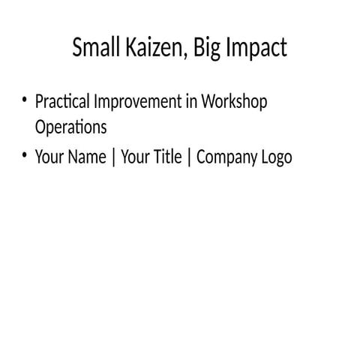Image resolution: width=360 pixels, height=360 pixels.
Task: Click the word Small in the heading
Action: (x=93, y=48)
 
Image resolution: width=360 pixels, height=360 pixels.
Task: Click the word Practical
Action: (x=63, y=101)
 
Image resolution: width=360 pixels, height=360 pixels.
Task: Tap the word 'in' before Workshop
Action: (x=190, y=101)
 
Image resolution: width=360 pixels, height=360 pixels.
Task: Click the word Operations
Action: (x=71, y=127)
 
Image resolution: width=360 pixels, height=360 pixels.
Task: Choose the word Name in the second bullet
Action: (x=86, y=157)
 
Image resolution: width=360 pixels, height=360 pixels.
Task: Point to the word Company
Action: (x=226, y=158)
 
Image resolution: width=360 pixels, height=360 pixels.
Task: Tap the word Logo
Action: (x=276, y=158)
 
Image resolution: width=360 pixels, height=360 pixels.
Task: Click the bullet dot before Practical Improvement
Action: (x=25, y=100)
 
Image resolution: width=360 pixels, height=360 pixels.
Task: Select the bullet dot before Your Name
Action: (x=25, y=156)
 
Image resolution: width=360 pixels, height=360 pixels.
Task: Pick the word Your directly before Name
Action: (x=49, y=157)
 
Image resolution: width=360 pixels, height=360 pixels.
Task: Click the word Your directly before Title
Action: (x=134, y=157)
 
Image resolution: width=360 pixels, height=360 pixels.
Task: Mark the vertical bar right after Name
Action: (x=112, y=158)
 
